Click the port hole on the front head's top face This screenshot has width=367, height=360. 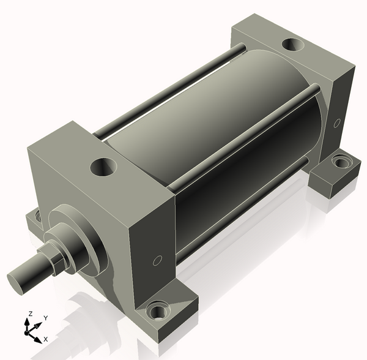pyautogui.click(x=103, y=167)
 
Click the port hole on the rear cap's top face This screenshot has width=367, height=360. pyautogui.click(x=292, y=45)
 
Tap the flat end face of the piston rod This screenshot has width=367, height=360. pyautogui.click(x=17, y=284)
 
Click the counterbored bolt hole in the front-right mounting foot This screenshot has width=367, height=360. pyautogui.click(x=158, y=310)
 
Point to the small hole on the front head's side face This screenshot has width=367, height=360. pyautogui.click(x=157, y=261)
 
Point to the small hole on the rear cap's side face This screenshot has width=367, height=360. pyautogui.click(x=337, y=123)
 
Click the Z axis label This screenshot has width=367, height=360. pyautogui.click(x=30, y=313)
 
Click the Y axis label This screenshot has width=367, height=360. pyautogui.click(x=46, y=318)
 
